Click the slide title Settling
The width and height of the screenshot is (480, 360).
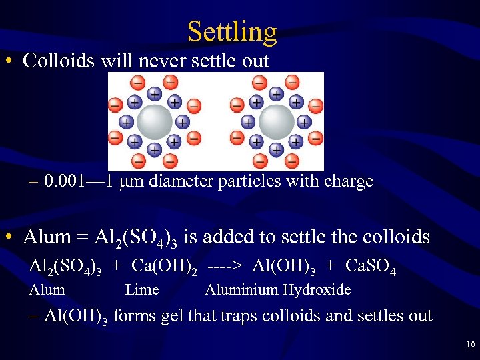[231, 31]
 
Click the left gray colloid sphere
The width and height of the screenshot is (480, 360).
[154, 121]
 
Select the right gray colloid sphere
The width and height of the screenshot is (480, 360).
[276, 121]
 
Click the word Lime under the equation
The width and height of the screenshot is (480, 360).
[142, 289]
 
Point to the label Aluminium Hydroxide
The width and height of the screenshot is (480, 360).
[277, 289]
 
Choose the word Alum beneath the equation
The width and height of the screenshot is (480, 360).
[47, 289]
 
